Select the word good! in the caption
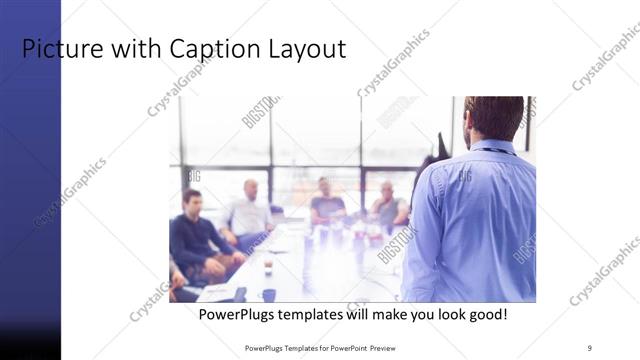click(486, 314)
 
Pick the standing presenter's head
click(494, 117)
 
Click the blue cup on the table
click(269, 294)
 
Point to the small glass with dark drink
click(268, 266)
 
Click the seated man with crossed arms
click(389, 207)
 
